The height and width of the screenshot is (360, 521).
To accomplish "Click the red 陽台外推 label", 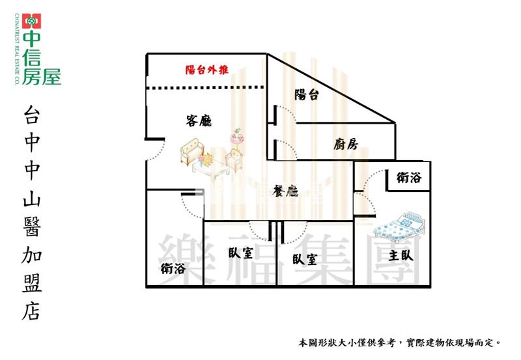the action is pyautogui.click(x=206, y=70).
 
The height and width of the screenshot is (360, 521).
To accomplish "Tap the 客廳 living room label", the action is pyautogui.click(x=199, y=121).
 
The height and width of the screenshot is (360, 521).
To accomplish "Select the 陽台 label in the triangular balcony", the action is pyautogui.click(x=306, y=95).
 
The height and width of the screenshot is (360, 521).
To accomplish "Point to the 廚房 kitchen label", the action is pyautogui.click(x=346, y=144).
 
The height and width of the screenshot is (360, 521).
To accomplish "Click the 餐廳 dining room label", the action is pyautogui.click(x=285, y=191).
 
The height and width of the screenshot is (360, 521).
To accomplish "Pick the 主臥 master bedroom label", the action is pyautogui.click(x=401, y=255).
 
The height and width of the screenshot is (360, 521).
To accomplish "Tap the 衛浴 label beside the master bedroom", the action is pyautogui.click(x=409, y=178).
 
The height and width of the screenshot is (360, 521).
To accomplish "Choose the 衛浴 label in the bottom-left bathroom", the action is pyautogui.click(x=173, y=268).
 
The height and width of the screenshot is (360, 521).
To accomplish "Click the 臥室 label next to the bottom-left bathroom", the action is pyautogui.click(x=240, y=253).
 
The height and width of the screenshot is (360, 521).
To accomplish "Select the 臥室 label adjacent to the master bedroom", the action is pyautogui.click(x=305, y=259).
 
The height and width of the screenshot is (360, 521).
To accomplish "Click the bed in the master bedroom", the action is pyautogui.click(x=399, y=226).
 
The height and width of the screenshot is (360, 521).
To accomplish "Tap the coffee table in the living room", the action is pyautogui.click(x=211, y=169).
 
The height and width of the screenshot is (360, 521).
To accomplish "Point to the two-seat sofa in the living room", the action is pyautogui.click(x=192, y=151).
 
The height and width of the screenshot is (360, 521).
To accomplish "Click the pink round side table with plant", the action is pyautogui.click(x=237, y=137).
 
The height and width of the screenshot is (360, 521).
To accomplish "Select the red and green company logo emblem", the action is pyautogui.click(x=31, y=21).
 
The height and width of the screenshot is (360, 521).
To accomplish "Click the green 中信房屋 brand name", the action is pyautogui.click(x=37, y=57).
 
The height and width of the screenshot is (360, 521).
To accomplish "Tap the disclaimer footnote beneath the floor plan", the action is pyautogui.click(x=400, y=342).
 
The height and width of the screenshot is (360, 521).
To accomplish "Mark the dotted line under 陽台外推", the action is pyautogui.click(x=206, y=88).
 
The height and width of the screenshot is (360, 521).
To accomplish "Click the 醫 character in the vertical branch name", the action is pyautogui.click(x=32, y=227).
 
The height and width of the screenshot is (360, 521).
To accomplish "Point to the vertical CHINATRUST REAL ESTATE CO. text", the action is pyautogui.click(x=17, y=49).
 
